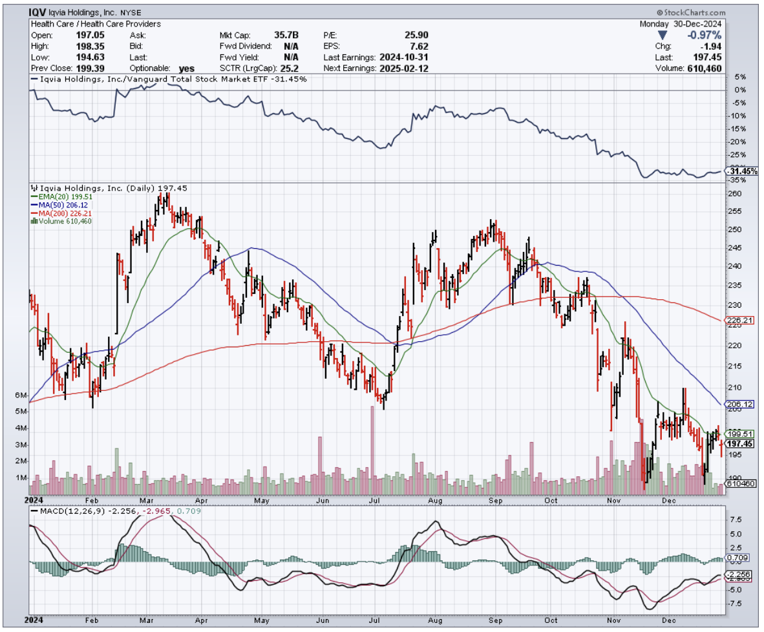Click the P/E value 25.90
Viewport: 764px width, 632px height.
414,35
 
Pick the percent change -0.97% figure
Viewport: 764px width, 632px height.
705,34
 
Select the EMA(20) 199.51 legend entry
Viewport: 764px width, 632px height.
59,196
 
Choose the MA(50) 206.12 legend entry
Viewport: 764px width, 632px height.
59,205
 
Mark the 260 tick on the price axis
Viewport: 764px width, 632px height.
734,194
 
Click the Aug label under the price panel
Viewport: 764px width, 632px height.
434,500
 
